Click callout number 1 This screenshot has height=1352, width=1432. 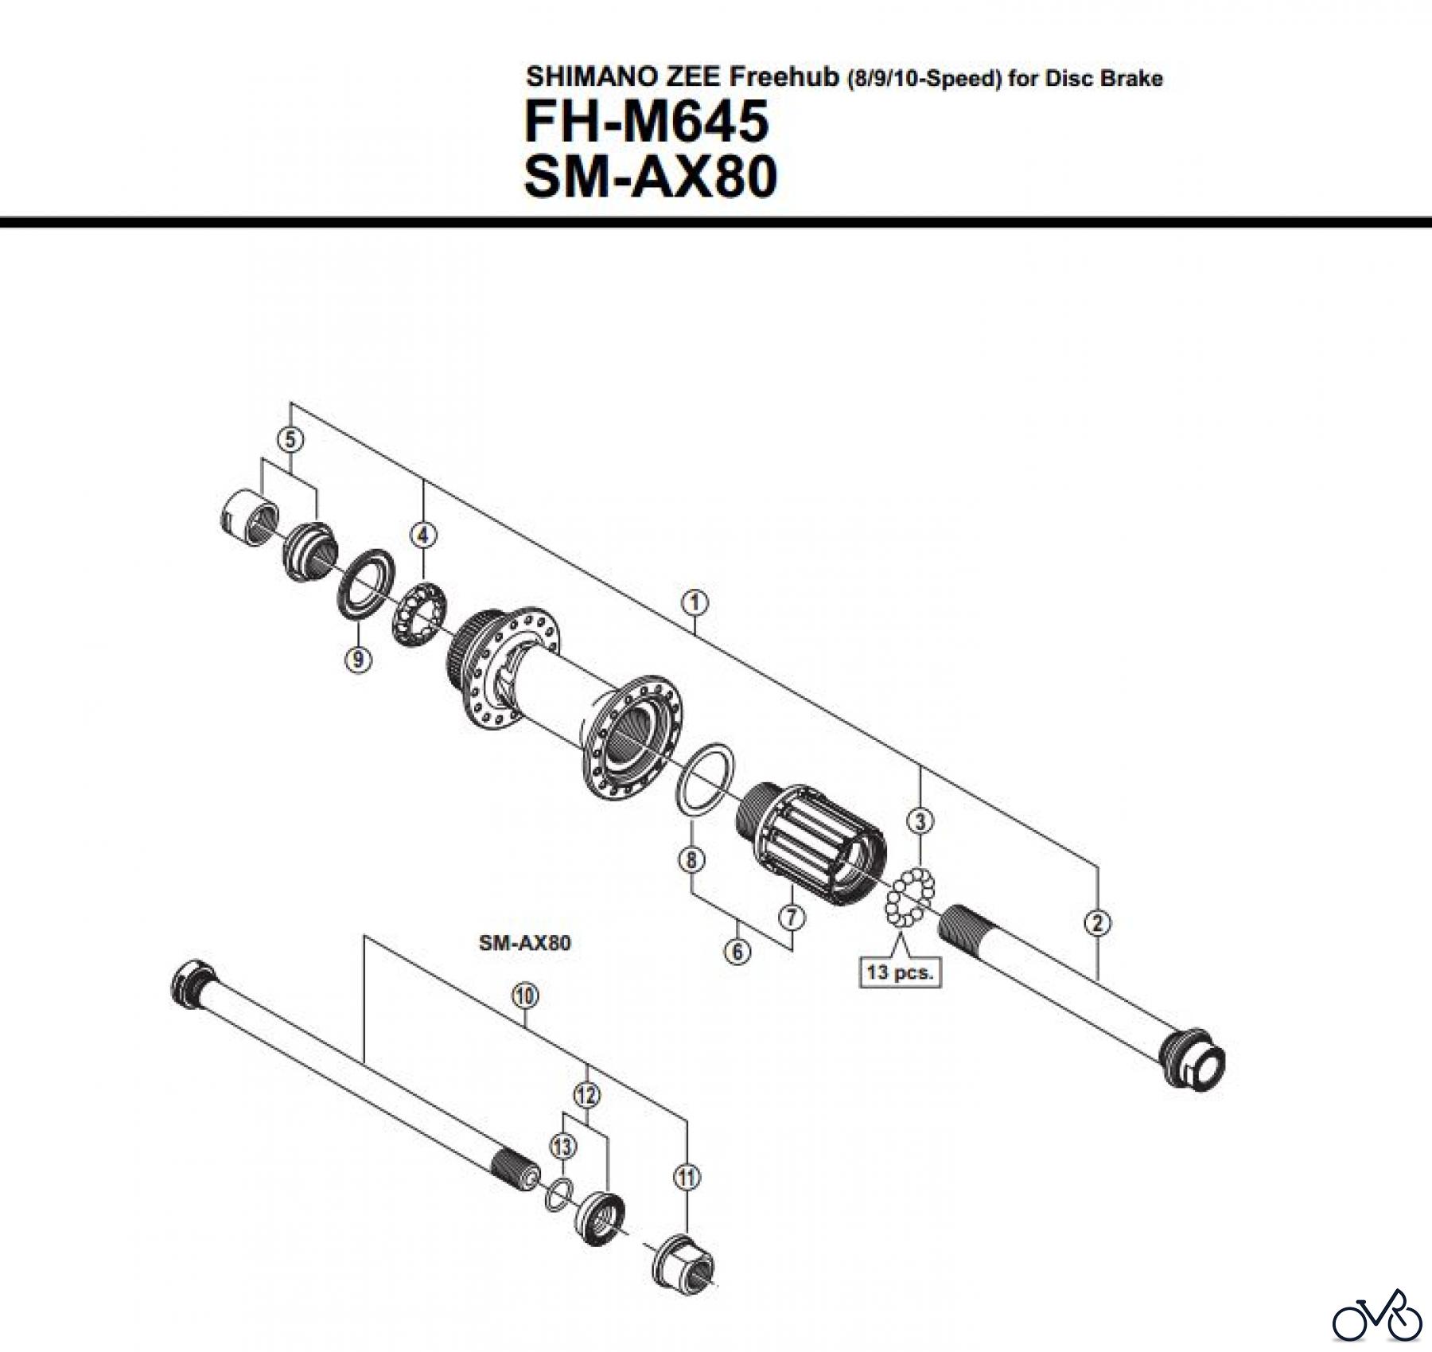coord(695,602)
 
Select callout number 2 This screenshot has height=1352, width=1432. coord(1098,923)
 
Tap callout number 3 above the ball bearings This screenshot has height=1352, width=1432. coord(920,820)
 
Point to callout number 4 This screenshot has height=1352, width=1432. coord(423,535)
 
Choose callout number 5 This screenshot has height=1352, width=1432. coord(290,438)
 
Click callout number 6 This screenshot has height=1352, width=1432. coord(737,951)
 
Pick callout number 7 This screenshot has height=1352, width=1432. coord(791,917)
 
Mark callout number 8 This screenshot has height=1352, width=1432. coord(691,859)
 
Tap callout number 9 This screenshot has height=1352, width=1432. coord(359,659)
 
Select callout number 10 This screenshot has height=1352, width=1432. coord(526,995)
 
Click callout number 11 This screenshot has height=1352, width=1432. coord(687,1176)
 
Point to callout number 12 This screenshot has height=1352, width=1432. coord(586,1096)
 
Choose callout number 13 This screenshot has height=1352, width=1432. coord(562,1147)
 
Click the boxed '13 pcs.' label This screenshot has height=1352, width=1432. coord(900,972)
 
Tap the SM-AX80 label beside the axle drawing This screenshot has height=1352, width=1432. coord(525,943)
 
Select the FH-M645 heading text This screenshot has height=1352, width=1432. coord(646,122)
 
